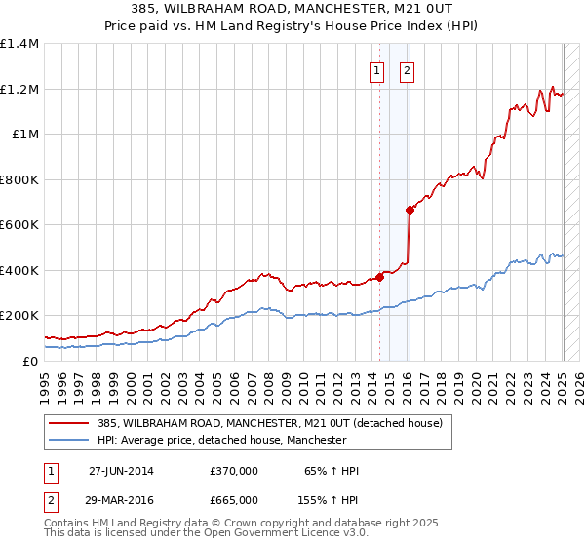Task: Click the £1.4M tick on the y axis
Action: [19, 44]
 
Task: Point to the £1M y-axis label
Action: [26, 135]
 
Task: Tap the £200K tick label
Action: [19, 316]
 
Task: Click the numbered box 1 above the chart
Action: [376, 69]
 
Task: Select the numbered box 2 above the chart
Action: [406, 69]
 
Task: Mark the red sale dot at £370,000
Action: [380, 277]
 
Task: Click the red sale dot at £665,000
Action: [409, 210]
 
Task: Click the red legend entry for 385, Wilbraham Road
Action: [270, 423]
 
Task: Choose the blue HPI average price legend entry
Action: [222, 441]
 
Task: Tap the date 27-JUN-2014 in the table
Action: [121, 471]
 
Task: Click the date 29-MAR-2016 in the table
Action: [121, 499]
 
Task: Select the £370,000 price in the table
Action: [233, 471]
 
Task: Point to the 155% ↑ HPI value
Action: [329, 499]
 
